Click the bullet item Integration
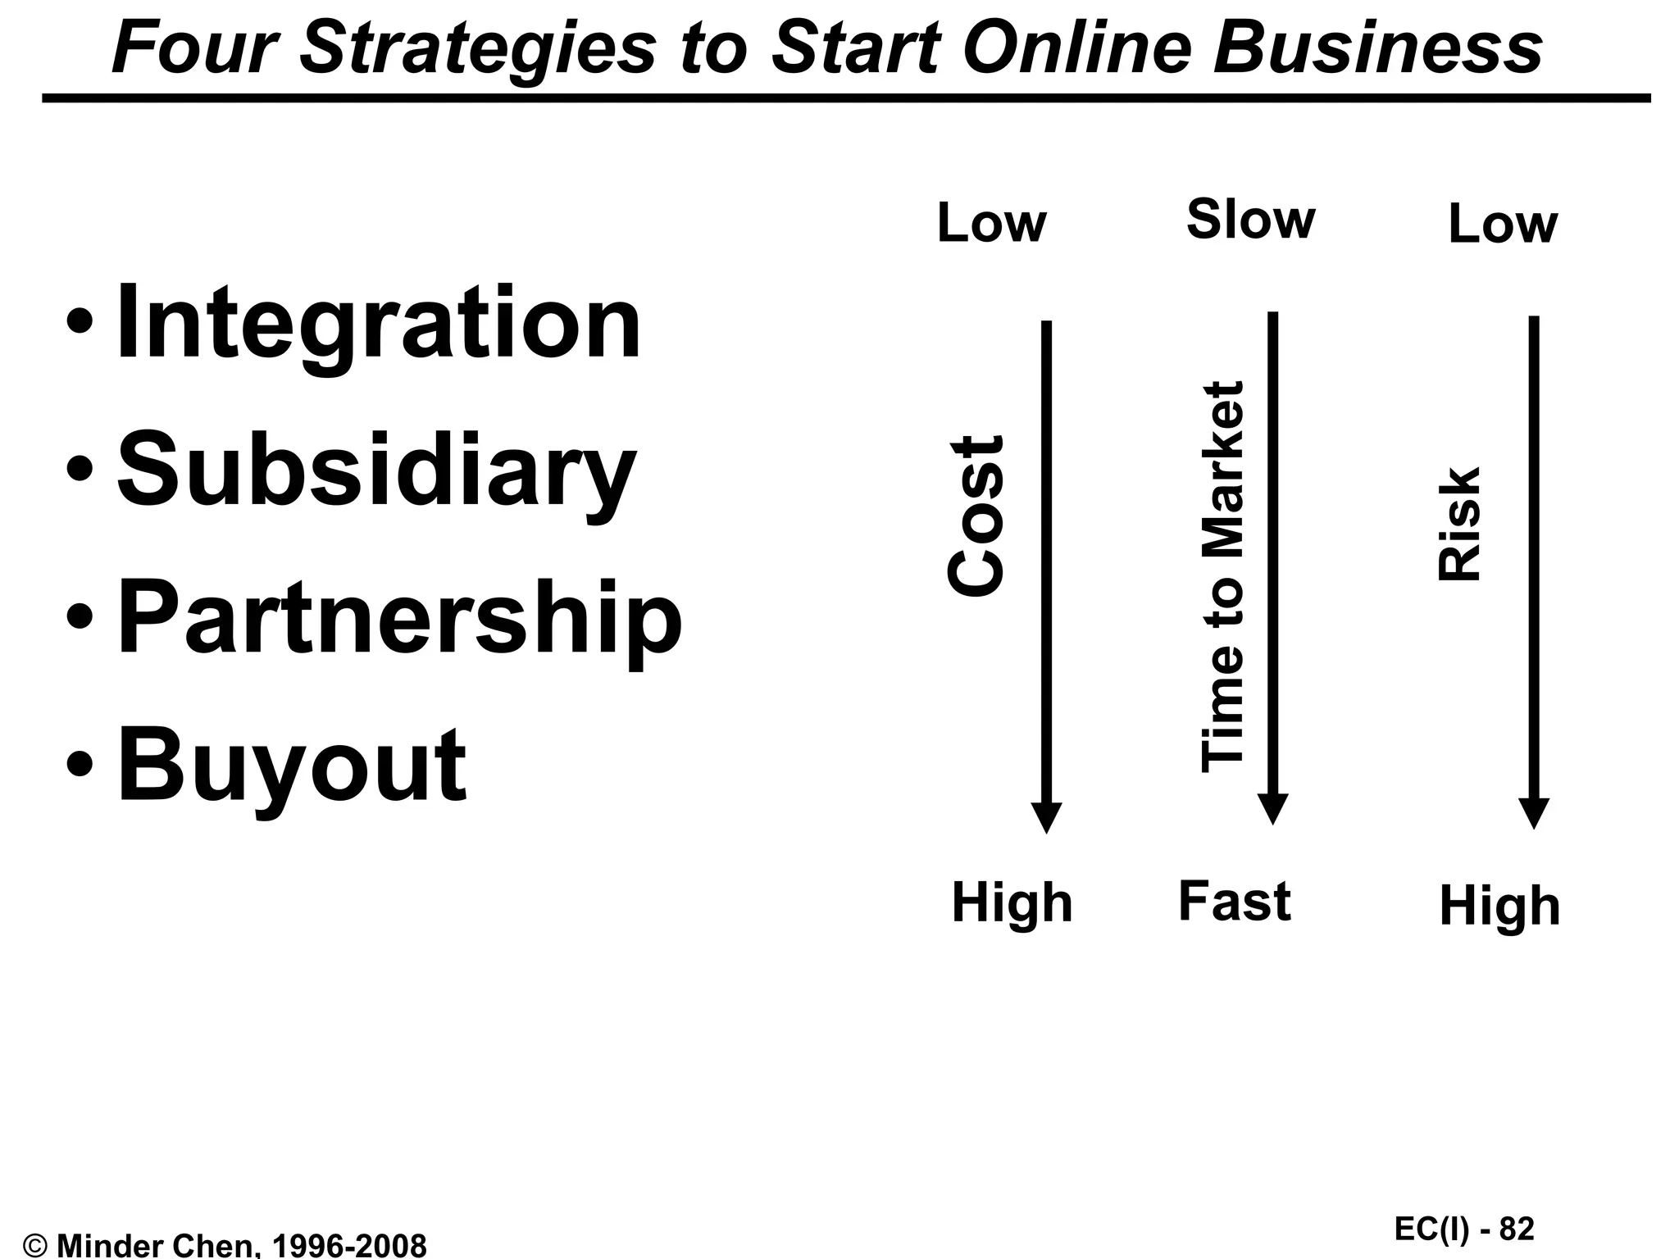pyautogui.click(x=378, y=322)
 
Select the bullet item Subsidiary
pyautogui.click(x=376, y=470)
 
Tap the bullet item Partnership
pyautogui.click(x=399, y=616)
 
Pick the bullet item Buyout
pyautogui.click(x=291, y=764)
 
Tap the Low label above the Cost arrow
pyautogui.click(x=991, y=223)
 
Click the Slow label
pyautogui.click(x=1250, y=220)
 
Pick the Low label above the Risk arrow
pyautogui.click(x=1502, y=224)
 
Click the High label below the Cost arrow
pyautogui.click(x=1012, y=903)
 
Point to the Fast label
pyautogui.click(x=1234, y=901)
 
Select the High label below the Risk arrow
pyautogui.click(x=1499, y=906)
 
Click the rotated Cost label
pyautogui.click(x=975, y=516)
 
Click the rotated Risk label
pyautogui.click(x=1460, y=525)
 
